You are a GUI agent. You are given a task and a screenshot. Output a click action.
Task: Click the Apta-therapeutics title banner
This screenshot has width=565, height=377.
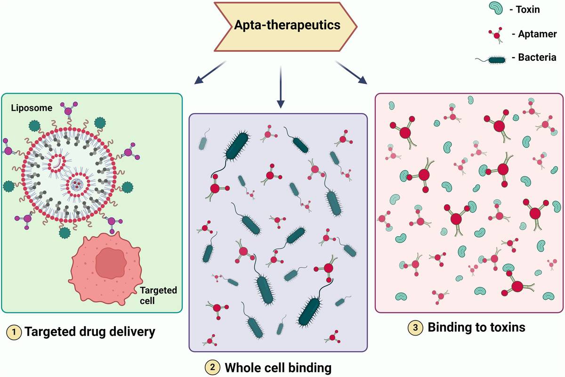click(x=287, y=25)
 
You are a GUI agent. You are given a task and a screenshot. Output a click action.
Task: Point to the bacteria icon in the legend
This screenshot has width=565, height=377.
click(x=494, y=59)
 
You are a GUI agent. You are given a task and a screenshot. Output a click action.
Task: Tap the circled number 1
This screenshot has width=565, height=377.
click(x=14, y=333)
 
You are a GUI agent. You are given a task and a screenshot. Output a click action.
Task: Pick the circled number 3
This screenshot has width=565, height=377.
click(x=415, y=328)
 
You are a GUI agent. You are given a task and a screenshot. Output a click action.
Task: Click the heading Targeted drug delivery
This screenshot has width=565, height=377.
click(x=89, y=332)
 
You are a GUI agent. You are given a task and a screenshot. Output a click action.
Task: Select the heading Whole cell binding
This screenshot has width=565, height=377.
click(x=278, y=368)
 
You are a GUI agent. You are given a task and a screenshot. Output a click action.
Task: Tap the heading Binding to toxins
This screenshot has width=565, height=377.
click(x=476, y=328)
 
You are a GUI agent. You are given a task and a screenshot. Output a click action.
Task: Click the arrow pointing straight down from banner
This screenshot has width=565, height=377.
click(x=281, y=87)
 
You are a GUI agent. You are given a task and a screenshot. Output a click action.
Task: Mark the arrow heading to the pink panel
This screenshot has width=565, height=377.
click(x=352, y=73)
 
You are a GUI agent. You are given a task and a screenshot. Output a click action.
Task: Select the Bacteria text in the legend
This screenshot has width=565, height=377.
click(x=537, y=58)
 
